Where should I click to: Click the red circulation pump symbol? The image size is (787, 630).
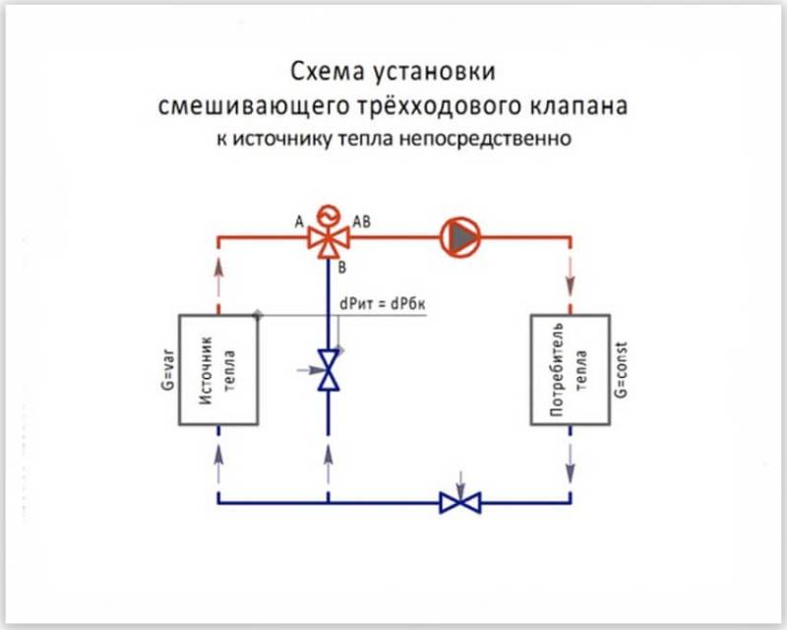click(460, 237)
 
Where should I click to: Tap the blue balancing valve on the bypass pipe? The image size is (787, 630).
click(329, 370)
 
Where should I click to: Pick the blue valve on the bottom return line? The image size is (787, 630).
click(460, 502)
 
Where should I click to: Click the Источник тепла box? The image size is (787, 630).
click(218, 370)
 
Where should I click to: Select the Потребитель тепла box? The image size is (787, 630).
click(571, 370)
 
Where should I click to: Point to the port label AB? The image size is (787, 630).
click(362, 221)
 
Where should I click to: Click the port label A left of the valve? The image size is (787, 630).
click(299, 221)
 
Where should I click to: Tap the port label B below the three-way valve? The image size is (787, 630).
click(341, 268)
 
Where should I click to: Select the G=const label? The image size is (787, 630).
click(622, 370)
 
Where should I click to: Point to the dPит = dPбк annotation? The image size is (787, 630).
click(383, 304)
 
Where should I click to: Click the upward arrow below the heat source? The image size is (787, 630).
click(218, 464)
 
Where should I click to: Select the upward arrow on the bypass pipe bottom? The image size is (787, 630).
click(329, 464)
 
